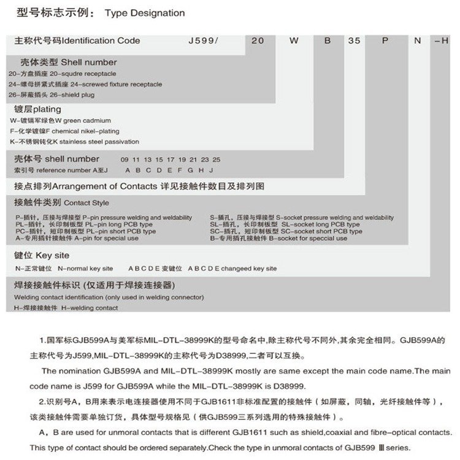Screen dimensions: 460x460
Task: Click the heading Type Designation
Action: [145, 12]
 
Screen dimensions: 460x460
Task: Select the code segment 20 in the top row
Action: [258, 41]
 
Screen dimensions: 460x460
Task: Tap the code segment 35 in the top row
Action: [354, 41]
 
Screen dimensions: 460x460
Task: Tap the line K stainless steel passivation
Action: [96, 141]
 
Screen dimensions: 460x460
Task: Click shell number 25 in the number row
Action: [217, 159]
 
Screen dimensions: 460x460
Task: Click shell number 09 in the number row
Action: [125, 159]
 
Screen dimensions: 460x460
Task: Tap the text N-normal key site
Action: [85, 268]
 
